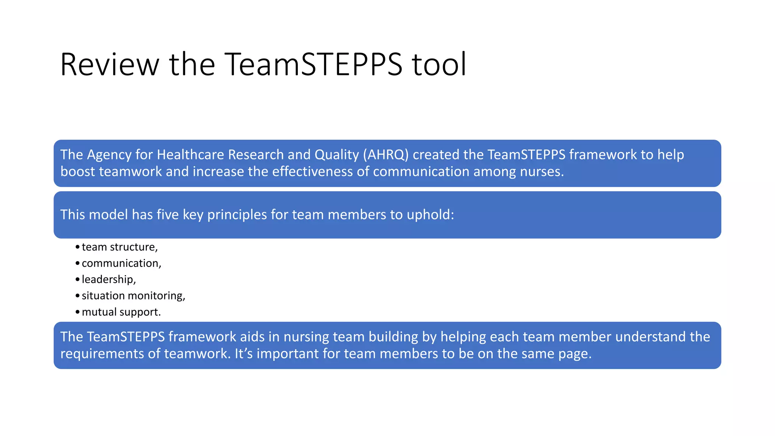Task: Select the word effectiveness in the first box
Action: [x=312, y=172]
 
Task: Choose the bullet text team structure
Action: [x=119, y=247]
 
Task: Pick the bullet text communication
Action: [x=121, y=263]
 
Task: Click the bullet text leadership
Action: [x=108, y=280]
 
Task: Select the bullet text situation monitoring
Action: [x=133, y=296]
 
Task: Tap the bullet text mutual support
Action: [x=121, y=312]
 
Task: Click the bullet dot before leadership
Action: [x=78, y=280]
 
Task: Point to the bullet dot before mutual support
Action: [x=78, y=312]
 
